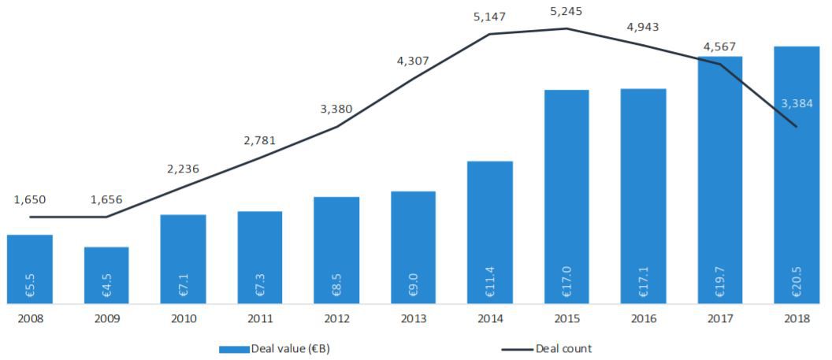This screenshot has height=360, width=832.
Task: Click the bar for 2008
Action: [x=30, y=269]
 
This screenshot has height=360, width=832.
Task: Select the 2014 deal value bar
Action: [x=490, y=232]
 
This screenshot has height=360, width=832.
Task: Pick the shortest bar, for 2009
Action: [x=106, y=275]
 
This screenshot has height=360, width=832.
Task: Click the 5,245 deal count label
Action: [x=566, y=12]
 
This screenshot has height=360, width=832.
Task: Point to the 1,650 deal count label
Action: [x=30, y=199]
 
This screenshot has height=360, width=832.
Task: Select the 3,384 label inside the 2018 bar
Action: [x=797, y=103]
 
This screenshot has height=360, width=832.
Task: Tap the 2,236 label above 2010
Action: [x=183, y=169]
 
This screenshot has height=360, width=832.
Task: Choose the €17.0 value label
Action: [x=567, y=282]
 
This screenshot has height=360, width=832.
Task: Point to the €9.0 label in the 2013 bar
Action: [x=414, y=285]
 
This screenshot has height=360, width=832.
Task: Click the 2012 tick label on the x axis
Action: [x=336, y=318]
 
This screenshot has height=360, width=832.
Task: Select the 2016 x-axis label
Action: [x=643, y=318]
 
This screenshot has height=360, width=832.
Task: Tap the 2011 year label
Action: [x=260, y=318]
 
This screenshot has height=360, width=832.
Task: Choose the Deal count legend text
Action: [x=563, y=348]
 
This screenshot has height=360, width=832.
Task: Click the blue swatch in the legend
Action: [x=234, y=349]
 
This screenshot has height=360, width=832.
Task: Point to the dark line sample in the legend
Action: [x=517, y=349]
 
